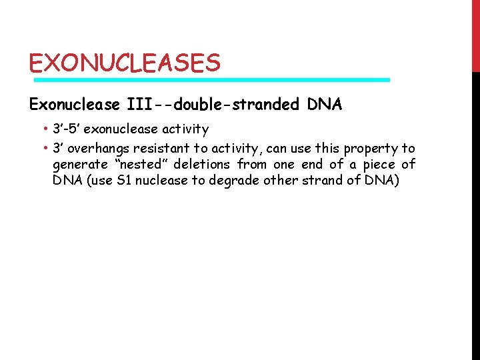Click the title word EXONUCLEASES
124,63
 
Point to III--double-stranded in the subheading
214,105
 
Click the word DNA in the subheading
325,105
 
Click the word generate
79,165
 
